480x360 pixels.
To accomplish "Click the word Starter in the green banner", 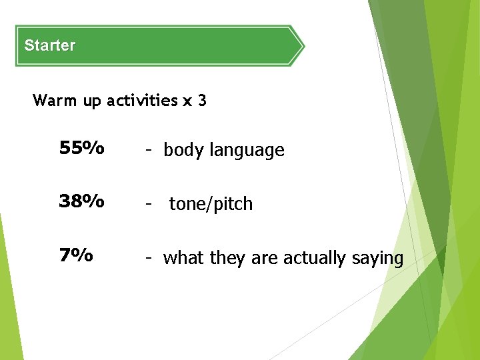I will click(x=49, y=46).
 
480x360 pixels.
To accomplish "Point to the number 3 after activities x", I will click(x=202, y=101).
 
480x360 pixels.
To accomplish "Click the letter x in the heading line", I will click(x=187, y=101).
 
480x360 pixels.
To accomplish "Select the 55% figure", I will click(x=81, y=148).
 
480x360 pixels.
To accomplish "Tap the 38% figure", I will click(x=81, y=201).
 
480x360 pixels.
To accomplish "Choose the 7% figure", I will click(x=75, y=255).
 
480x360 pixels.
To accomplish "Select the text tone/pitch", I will click(x=211, y=204).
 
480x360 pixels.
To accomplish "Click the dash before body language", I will click(x=151, y=151).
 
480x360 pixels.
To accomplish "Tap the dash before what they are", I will click(x=151, y=257).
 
